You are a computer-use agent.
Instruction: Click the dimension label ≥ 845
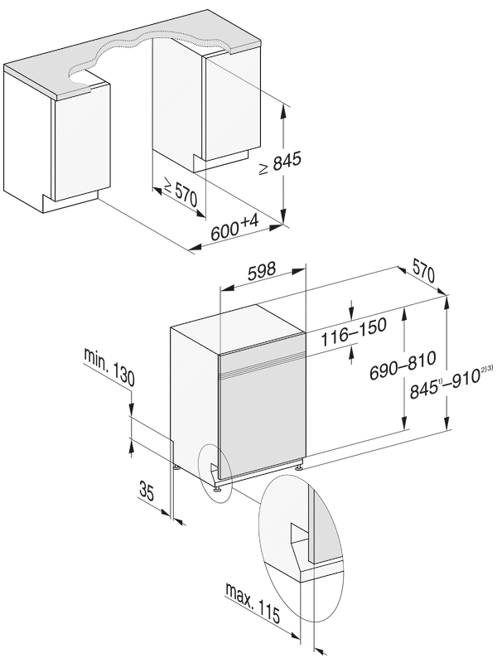[x=277, y=164]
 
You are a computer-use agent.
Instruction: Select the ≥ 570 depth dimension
[x=178, y=194]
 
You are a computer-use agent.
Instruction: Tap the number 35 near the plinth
[x=147, y=491]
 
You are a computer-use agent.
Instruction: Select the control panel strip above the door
[x=261, y=361]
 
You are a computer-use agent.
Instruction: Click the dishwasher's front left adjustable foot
[x=217, y=491]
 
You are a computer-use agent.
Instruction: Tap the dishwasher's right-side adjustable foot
[x=297, y=468]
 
